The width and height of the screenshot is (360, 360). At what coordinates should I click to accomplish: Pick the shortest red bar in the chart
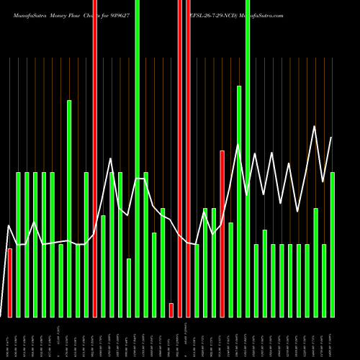171,310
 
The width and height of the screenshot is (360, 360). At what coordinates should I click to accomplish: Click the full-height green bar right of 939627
138,158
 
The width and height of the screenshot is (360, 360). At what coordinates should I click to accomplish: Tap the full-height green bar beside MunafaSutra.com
248,158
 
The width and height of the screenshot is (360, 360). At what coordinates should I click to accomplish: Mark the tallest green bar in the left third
70,208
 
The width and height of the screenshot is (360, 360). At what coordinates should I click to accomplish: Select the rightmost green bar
333,244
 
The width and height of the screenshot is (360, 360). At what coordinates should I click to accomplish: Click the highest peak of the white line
315,127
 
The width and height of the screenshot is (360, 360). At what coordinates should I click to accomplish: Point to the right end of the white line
332,138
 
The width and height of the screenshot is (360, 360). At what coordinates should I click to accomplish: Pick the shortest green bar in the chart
129,287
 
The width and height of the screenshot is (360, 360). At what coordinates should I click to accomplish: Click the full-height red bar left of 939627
95,158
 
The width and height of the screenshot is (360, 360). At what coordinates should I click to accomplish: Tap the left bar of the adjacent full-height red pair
180,158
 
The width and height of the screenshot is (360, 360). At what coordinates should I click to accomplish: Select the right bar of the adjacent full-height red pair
189,158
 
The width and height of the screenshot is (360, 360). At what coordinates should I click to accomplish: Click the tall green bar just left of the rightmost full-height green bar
239,201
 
